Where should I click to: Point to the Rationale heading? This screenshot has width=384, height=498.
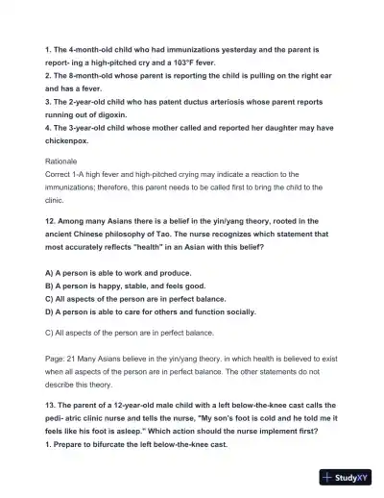[63, 161]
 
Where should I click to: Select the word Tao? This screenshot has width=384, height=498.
[200, 234]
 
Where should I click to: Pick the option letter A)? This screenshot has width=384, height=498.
[52, 273]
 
